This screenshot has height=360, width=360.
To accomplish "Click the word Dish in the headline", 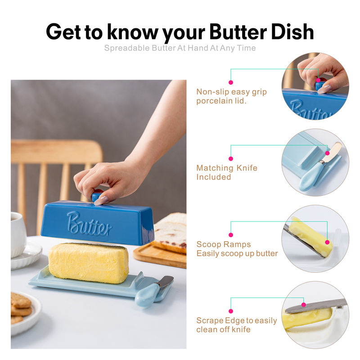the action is click(292, 31).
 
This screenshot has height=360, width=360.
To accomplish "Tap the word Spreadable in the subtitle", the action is click(127, 48).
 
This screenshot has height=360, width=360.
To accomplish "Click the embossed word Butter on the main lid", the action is click(89, 224).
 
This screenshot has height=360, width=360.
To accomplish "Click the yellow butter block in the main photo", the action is click(89, 263).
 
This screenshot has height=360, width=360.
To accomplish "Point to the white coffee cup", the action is click(18, 234).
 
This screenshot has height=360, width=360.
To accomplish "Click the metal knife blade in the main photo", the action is click(165, 281).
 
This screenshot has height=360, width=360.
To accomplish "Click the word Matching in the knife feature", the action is click(215, 168).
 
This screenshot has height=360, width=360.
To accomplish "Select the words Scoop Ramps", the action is click(224, 244).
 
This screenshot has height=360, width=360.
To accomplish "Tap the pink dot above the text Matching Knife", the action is click(231, 159).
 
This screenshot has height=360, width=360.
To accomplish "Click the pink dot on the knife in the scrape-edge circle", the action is click(304, 305).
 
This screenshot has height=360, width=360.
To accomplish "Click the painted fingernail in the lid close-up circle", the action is click(324, 89).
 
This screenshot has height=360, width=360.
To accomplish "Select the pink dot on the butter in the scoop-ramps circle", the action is click(328, 242).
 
